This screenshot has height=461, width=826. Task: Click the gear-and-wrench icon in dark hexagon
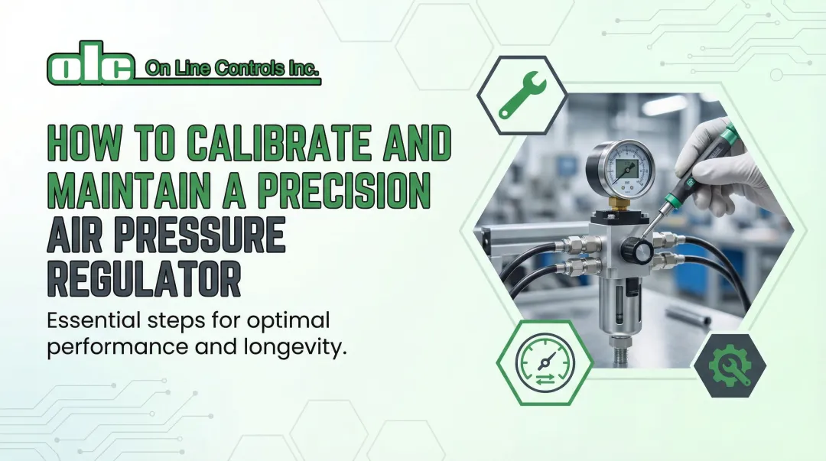[x=730, y=365]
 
